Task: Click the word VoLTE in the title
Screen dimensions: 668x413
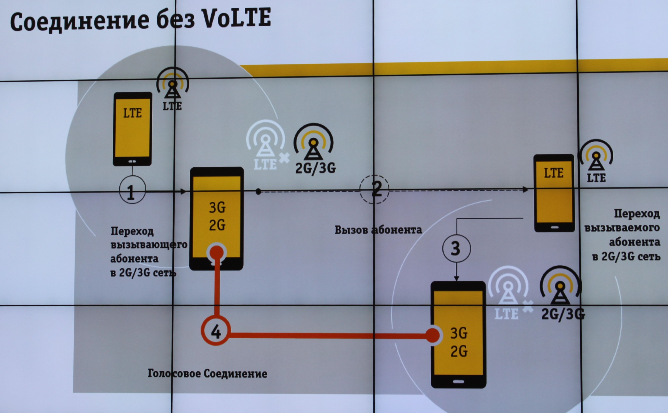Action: (237, 18)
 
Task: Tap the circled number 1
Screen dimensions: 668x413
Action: (133, 189)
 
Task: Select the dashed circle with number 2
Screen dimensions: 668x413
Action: (374, 189)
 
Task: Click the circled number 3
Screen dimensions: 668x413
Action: (456, 248)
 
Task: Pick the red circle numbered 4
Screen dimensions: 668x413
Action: (216, 330)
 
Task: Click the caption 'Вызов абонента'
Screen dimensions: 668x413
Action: (378, 230)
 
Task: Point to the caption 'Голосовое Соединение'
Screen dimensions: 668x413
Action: (207, 373)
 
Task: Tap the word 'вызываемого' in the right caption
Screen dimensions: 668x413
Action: (622, 228)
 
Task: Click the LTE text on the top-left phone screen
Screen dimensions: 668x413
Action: (133, 113)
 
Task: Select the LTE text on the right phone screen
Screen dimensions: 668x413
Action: (554, 173)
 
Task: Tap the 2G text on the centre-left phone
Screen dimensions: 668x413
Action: (217, 225)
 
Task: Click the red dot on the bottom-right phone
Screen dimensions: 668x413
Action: (433, 336)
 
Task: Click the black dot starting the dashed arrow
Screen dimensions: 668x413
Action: (258, 192)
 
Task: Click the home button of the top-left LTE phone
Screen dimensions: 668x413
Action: (132, 161)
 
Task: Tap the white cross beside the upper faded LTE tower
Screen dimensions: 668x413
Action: (285, 158)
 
